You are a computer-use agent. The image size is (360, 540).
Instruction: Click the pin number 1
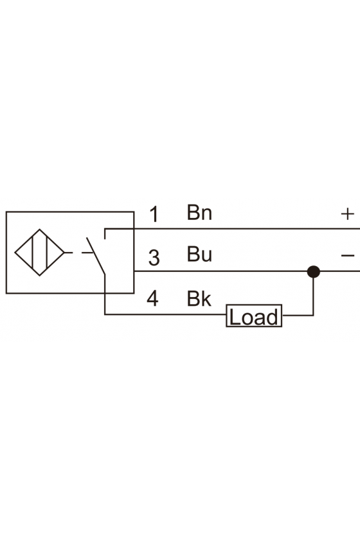155,214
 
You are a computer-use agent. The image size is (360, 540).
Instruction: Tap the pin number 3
154,258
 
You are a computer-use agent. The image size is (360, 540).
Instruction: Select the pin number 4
152,298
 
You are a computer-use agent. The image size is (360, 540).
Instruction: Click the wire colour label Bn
199,213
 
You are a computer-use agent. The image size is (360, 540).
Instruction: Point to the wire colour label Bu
199,255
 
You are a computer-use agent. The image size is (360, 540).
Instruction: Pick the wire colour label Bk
199,298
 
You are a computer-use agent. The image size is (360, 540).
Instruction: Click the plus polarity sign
347,214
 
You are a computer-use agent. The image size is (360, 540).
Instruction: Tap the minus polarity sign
348,256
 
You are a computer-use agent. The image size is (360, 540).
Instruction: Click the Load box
254,316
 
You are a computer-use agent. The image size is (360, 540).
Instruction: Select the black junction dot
314,272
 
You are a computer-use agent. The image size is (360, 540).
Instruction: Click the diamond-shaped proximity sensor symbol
40,253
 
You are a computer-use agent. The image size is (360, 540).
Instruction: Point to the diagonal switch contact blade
96,256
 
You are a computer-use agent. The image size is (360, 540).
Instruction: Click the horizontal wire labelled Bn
232,229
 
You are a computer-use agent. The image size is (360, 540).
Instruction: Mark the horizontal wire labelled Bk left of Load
165,314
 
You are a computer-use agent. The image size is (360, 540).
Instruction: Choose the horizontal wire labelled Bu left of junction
221,271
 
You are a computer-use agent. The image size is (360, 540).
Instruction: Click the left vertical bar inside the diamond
32,253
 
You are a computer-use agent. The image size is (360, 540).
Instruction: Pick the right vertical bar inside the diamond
47,253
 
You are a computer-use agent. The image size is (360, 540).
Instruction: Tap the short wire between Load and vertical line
298,315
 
